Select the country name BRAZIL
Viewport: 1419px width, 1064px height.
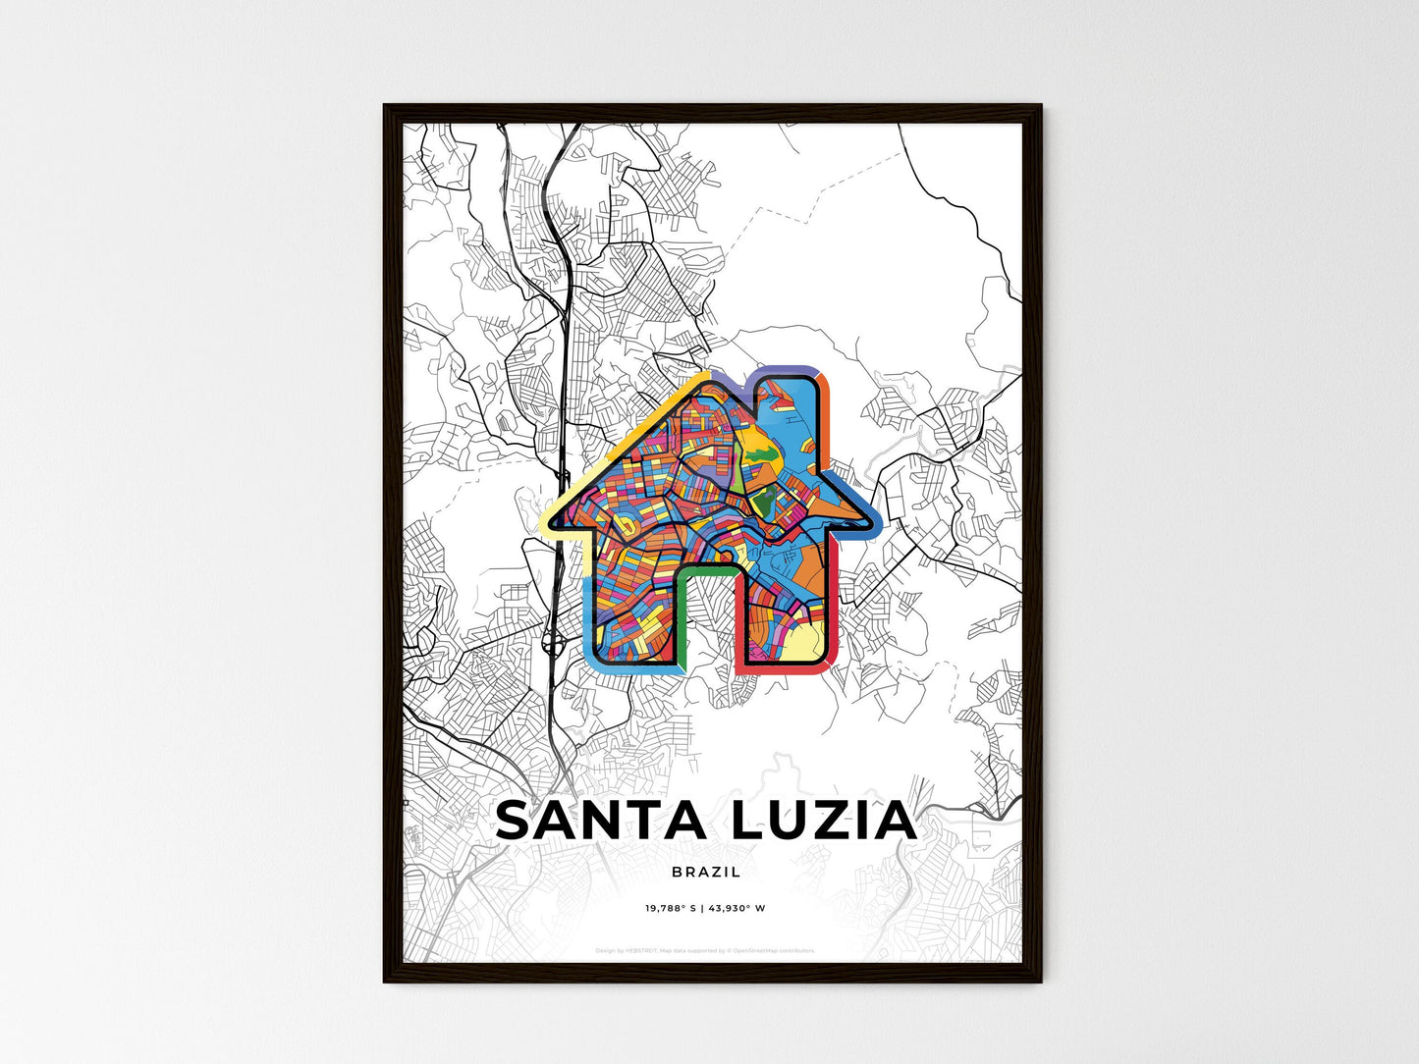tap(706, 872)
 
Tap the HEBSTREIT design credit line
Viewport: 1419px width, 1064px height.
tap(705, 950)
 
